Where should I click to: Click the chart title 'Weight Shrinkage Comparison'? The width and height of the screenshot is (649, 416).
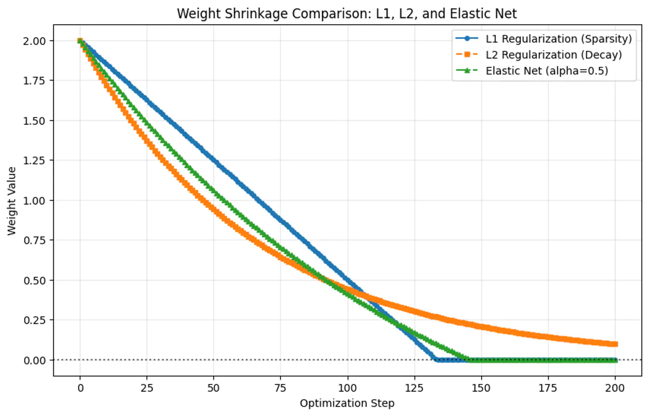point(346,13)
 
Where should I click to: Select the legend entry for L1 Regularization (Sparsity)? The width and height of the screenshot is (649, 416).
point(558,39)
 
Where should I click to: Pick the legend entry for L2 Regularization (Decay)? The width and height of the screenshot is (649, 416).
point(554,55)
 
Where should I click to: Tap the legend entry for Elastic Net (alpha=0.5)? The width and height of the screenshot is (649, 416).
point(547,71)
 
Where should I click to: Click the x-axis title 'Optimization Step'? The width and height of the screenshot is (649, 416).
point(347,403)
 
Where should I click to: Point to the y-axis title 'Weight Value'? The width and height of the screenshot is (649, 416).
point(12,201)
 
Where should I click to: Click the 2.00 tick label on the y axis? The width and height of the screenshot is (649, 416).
point(35,41)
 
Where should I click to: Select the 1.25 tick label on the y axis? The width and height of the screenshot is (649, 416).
point(35,161)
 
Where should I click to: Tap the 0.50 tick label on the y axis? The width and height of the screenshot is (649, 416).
point(35,280)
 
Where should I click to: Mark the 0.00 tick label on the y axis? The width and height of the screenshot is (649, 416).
point(35,360)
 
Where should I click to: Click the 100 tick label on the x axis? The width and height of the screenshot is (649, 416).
point(348,388)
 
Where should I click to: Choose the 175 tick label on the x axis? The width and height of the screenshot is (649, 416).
point(548,388)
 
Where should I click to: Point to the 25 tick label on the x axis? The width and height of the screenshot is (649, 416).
point(147,388)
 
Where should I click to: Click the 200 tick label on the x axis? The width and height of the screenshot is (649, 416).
point(615,388)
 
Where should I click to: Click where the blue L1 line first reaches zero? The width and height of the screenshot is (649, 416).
point(436,360)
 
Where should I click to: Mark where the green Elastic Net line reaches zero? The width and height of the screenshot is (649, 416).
point(468,360)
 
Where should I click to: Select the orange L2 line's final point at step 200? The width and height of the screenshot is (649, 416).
point(615,344)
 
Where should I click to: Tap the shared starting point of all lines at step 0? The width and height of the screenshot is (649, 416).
point(80,41)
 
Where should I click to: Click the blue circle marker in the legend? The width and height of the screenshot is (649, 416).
point(467,39)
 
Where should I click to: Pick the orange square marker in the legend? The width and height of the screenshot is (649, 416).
point(467,55)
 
